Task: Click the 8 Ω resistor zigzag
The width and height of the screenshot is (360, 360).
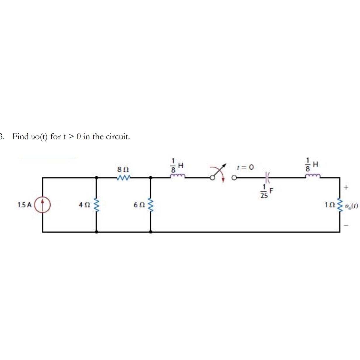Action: (x=124, y=177)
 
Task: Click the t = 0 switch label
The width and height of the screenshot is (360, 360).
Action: (x=245, y=167)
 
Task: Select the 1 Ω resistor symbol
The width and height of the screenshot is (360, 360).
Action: (x=340, y=205)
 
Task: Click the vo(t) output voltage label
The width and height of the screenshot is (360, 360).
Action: (x=351, y=206)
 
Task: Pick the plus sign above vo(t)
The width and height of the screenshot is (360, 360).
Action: (x=347, y=187)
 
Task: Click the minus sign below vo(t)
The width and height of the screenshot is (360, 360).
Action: (x=347, y=225)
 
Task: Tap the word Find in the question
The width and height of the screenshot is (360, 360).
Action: (x=20, y=136)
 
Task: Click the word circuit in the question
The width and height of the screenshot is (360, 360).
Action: (x=117, y=136)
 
